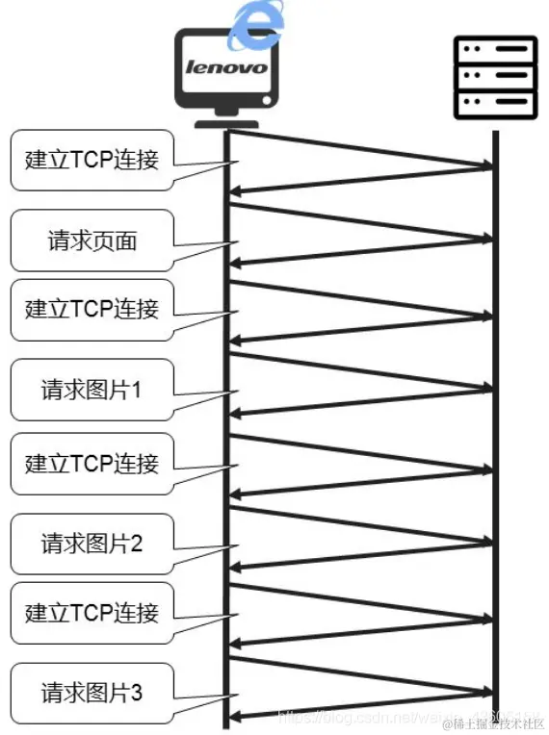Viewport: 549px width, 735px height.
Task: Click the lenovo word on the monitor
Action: coord(226,68)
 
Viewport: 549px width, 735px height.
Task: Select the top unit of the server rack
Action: coord(495,49)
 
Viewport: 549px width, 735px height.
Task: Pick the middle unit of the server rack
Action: coord(495,74)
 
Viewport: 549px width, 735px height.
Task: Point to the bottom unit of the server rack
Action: coord(495,99)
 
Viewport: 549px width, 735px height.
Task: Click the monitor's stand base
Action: coord(227,122)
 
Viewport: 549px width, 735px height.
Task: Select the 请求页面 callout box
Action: coord(92,241)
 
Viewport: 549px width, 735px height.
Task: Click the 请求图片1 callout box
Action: coord(92,390)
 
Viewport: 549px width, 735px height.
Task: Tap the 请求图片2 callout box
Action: coord(92,544)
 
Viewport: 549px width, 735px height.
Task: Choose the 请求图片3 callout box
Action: coord(92,691)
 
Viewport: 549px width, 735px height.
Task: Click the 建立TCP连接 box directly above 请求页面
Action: coord(92,160)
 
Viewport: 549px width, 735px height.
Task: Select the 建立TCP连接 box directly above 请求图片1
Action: coord(92,309)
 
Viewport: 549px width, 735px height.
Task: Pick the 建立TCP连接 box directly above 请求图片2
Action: coord(92,463)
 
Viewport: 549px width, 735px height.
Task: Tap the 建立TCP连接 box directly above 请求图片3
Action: coord(92,613)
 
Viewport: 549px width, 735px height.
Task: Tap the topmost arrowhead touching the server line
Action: coord(485,168)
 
